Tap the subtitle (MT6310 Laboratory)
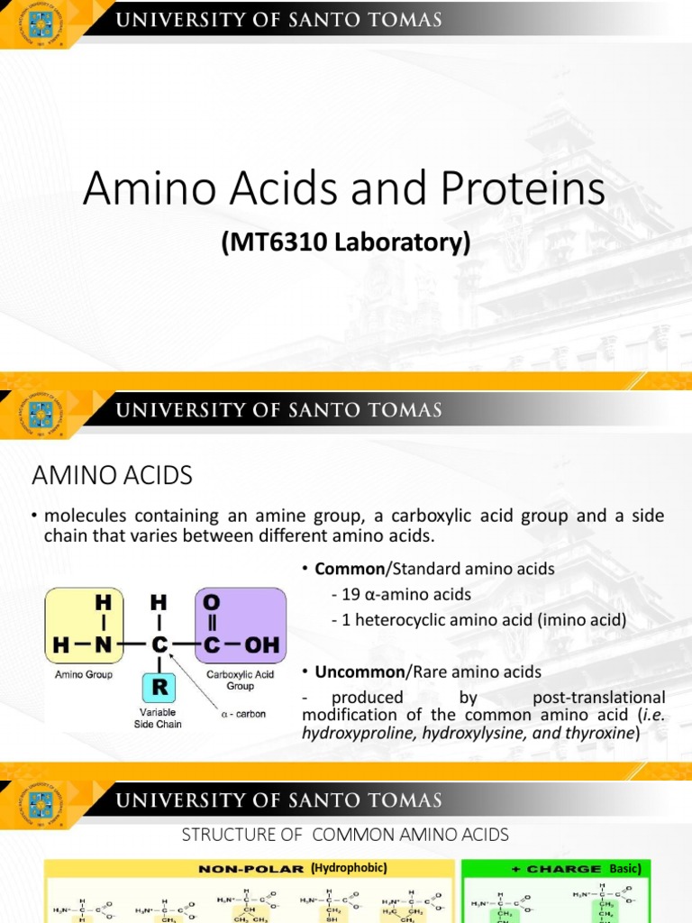(x=346, y=243)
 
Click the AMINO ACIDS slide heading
(x=112, y=474)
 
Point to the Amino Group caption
(x=84, y=674)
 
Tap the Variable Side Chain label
(x=158, y=717)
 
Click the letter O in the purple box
(x=211, y=600)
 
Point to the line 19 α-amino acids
(x=401, y=594)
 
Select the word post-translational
(x=599, y=697)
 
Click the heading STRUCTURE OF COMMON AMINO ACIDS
(x=346, y=834)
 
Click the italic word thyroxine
(x=600, y=733)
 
